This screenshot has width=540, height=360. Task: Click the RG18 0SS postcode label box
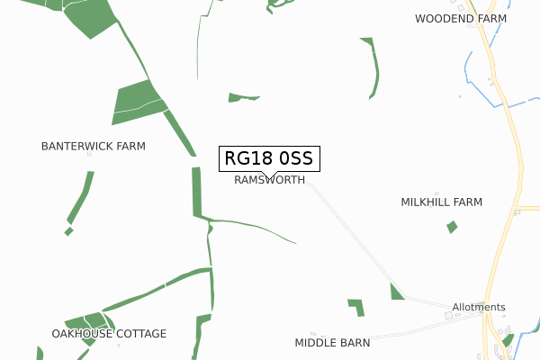[x=267, y=159]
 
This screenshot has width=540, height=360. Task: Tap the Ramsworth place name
[x=269, y=180]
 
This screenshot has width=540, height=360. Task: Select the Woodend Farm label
[x=461, y=18]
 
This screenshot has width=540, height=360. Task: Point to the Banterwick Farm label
[x=94, y=146]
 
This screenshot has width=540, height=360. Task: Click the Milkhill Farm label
[x=442, y=202]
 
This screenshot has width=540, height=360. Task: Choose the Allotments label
[x=479, y=307]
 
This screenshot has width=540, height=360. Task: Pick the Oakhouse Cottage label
[x=109, y=334]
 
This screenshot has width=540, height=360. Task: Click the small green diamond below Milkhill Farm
[x=452, y=227]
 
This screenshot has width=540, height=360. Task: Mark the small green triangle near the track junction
[x=396, y=292]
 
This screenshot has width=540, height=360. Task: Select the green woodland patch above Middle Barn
[x=357, y=306]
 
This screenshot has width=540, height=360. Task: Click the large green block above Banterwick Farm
[x=136, y=101]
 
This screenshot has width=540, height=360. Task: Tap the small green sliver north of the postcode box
[x=243, y=96]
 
